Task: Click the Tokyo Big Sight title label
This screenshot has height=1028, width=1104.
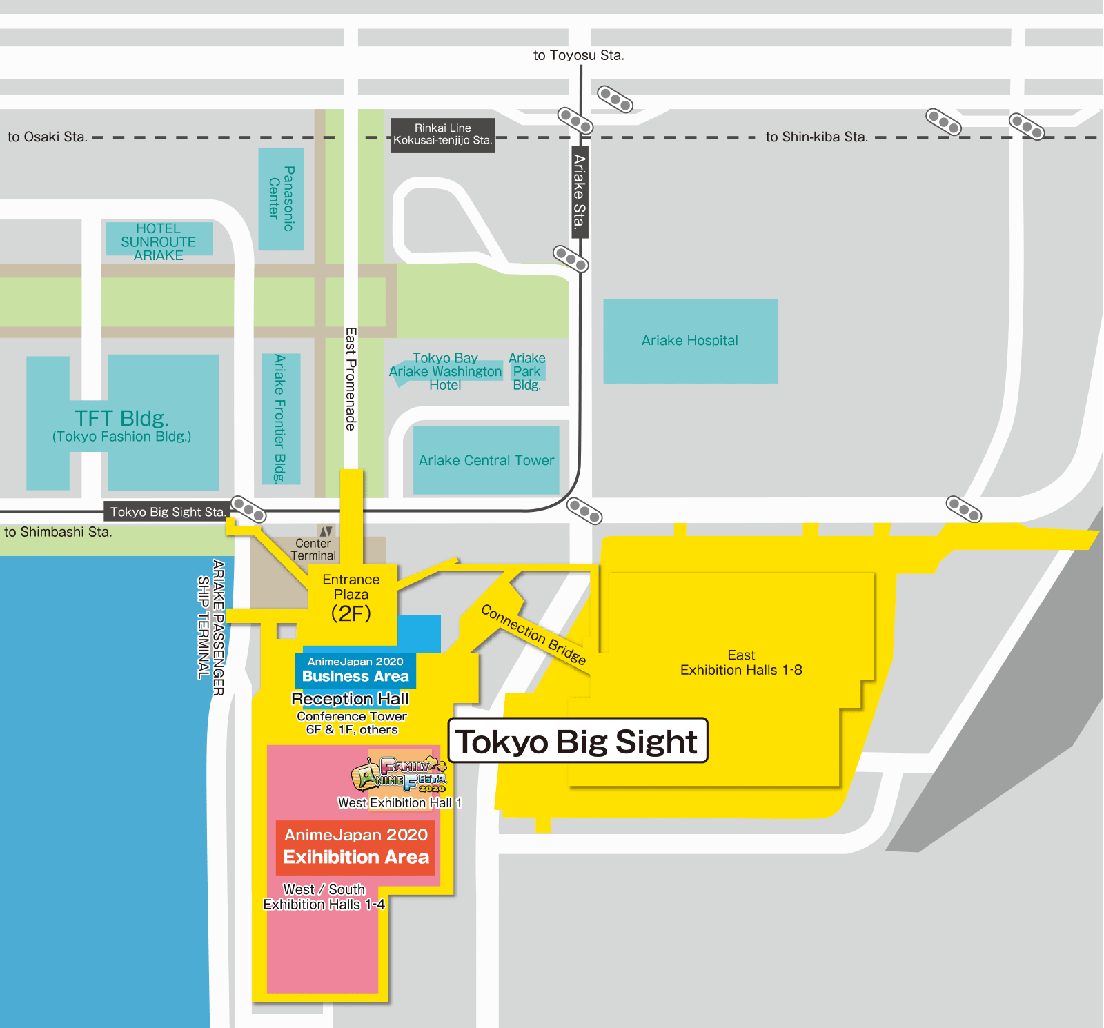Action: point(578,741)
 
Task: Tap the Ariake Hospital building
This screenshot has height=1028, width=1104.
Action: point(690,341)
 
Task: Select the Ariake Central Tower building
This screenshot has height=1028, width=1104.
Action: point(486,460)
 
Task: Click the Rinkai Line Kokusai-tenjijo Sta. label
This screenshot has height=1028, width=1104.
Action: point(442,135)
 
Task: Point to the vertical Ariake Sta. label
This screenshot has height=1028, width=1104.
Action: point(580,191)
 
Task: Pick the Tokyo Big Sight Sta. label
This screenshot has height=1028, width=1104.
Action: point(167,512)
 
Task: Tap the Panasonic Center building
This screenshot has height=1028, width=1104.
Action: point(282,199)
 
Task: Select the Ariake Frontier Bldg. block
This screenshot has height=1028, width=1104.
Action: point(280,418)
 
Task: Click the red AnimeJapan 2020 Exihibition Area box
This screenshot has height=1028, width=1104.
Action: point(355,847)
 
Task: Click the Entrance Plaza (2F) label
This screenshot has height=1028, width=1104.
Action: point(351,597)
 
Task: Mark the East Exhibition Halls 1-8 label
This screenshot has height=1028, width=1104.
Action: point(741,663)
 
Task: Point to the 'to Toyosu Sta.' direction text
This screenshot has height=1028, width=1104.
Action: point(578,56)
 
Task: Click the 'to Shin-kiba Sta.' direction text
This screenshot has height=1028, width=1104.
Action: point(816,137)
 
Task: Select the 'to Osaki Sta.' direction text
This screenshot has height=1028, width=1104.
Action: point(48,137)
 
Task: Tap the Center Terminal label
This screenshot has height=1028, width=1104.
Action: point(313,549)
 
